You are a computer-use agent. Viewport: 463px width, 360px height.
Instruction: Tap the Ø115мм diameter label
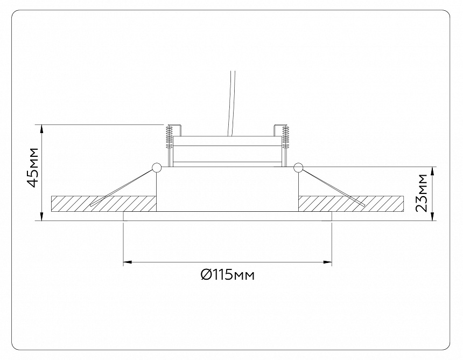tap(227, 275)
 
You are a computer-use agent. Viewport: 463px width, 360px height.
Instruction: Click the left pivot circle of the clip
tap(157, 168)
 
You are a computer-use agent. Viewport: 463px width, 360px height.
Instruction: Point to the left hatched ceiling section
tap(102, 203)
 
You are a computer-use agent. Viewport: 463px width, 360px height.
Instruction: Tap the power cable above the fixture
tap(232, 102)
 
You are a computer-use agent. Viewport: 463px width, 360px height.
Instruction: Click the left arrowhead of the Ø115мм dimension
tap(128, 262)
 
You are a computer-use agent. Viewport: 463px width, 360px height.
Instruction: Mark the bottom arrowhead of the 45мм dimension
tap(41, 217)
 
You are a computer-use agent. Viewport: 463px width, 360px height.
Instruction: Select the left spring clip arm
tap(121, 188)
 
